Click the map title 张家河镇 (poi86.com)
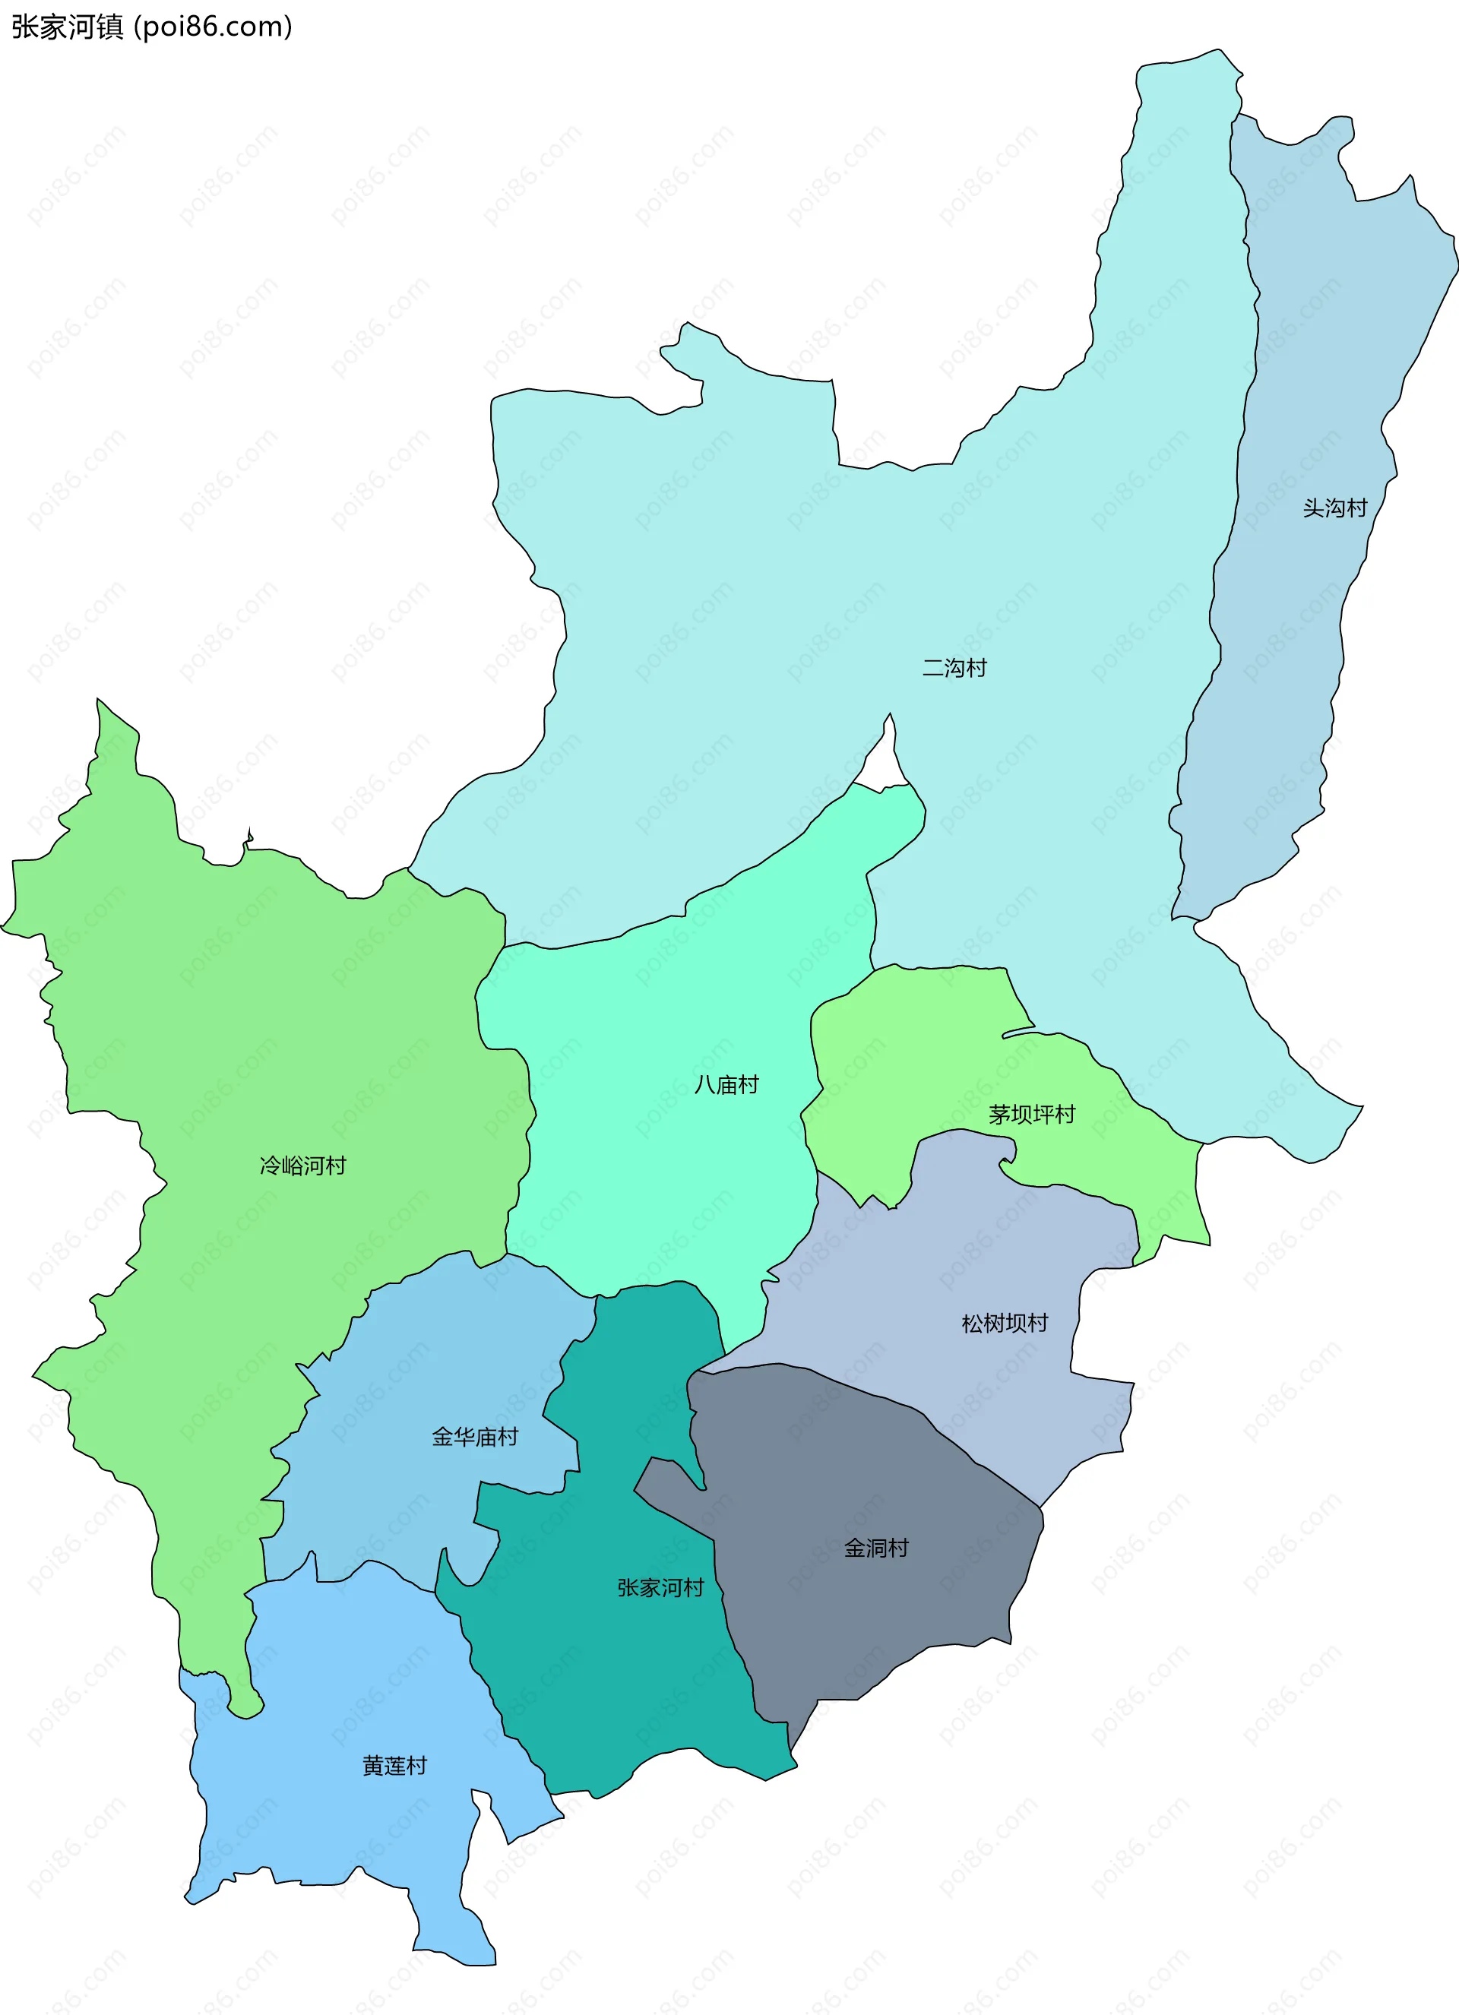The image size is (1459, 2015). click(x=151, y=27)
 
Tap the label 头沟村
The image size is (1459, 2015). click(x=1334, y=508)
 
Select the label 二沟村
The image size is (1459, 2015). click(x=954, y=667)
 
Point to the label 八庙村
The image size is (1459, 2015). click(x=726, y=1085)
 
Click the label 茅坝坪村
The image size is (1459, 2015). click(x=1032, y=1114)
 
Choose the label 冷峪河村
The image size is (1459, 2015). click(x=302, y=1166)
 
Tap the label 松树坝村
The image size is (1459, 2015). click(x=1004, y=1324)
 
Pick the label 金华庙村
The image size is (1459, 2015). click(x=474, y=1438)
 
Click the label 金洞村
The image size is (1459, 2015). click(x=875, y=1548)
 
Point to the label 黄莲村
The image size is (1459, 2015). click(x=394, y=1765)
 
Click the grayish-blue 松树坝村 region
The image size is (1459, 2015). click(x=977, y=1244)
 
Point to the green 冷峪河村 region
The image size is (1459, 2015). click(x=222, y=1022)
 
